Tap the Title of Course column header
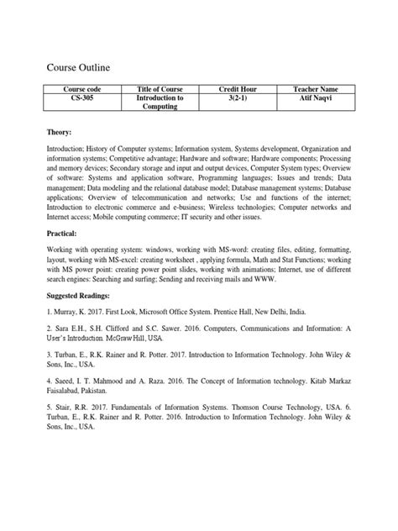point(160,88)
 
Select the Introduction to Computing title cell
point(160,103)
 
